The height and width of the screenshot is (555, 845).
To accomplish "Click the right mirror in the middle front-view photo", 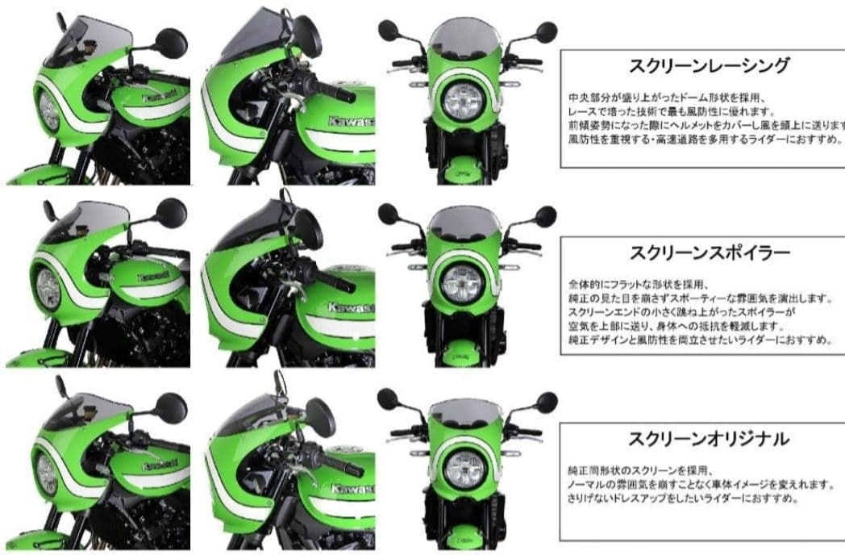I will [x=545, y=215].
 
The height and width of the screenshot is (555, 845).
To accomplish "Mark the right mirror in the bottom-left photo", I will [x=170, y=407].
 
